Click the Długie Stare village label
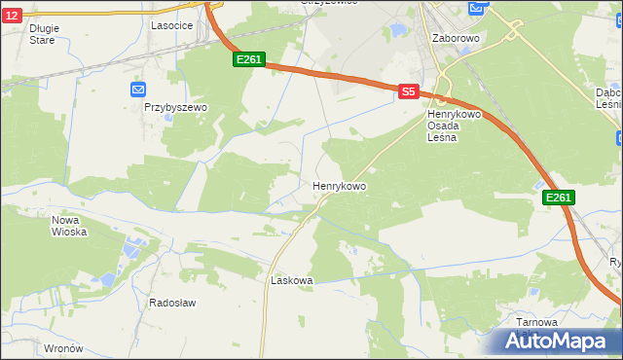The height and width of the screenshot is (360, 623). point(44,34)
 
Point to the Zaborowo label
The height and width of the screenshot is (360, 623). point(455,38)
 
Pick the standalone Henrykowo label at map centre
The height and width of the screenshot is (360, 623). point(339,185)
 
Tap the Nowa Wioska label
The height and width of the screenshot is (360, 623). point(69,226)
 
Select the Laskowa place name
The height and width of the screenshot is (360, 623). point(290,280)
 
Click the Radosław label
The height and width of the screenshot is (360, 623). point(172,303)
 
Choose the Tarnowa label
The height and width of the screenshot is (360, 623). point(537,322)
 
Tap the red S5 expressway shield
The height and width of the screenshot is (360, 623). point(408,91)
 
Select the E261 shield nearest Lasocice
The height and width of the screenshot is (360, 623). point(249,60)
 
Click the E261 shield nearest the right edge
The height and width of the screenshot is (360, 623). point(558,198)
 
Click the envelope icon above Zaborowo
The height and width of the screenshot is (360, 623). point(475,9)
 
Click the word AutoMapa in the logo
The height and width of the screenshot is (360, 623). point(565,342)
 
